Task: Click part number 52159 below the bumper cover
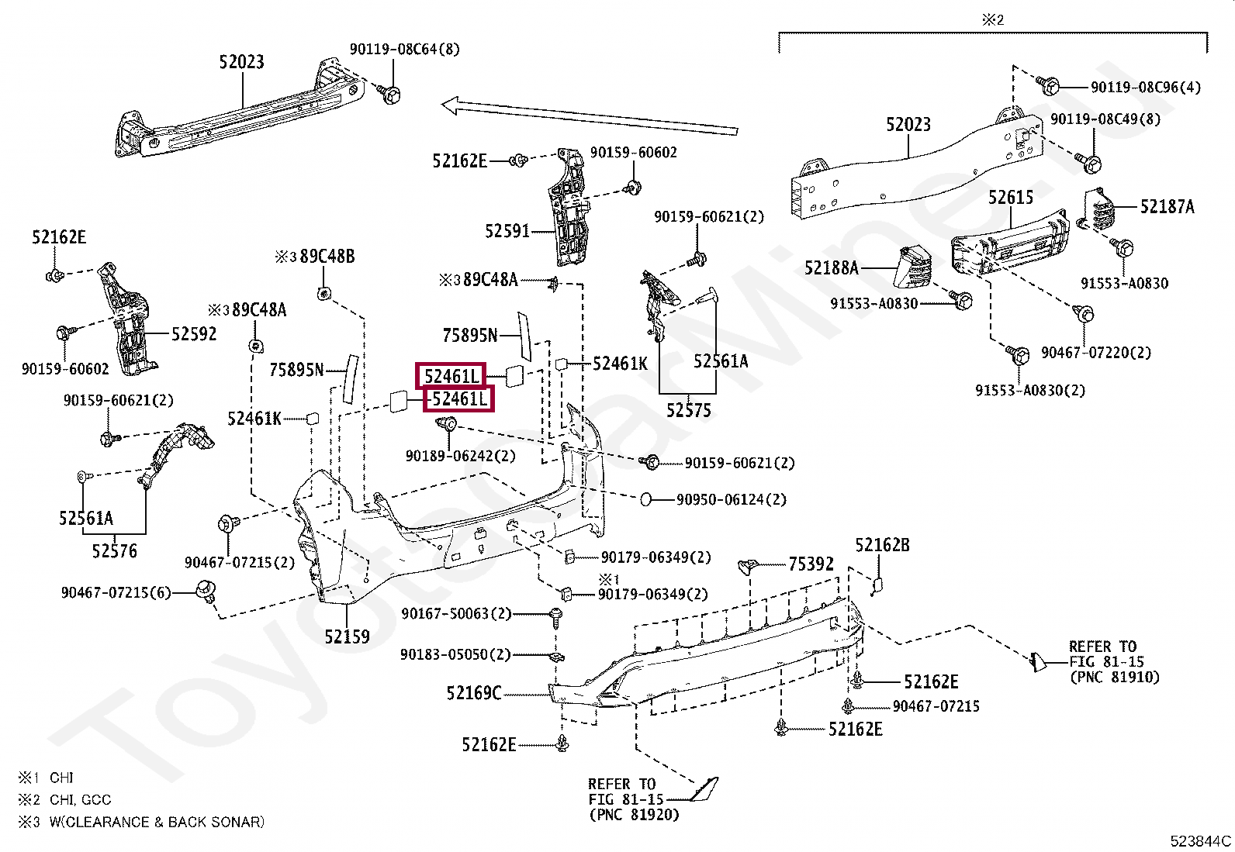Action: point(347,636)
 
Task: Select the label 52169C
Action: point(474,693)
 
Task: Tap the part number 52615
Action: point(1011,197)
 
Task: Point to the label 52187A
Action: point(1168,207)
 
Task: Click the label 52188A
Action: point(832,267)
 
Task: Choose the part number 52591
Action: point(507,231)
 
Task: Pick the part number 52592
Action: point(194,334)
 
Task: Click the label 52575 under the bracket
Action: point(689,410)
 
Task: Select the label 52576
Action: point(115,550)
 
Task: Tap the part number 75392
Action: point(811,564)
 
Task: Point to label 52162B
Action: point(882,545)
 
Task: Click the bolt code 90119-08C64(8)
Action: point(405,49)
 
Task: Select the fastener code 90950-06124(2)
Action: point(732,499)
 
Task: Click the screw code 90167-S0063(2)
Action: point(456,613)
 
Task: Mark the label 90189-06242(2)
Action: point(460,456)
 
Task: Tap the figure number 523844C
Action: point(1200,841)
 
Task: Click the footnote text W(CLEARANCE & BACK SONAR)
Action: point(157,823)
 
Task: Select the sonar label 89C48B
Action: point(327,257)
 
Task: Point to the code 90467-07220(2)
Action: point(1096,352)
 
